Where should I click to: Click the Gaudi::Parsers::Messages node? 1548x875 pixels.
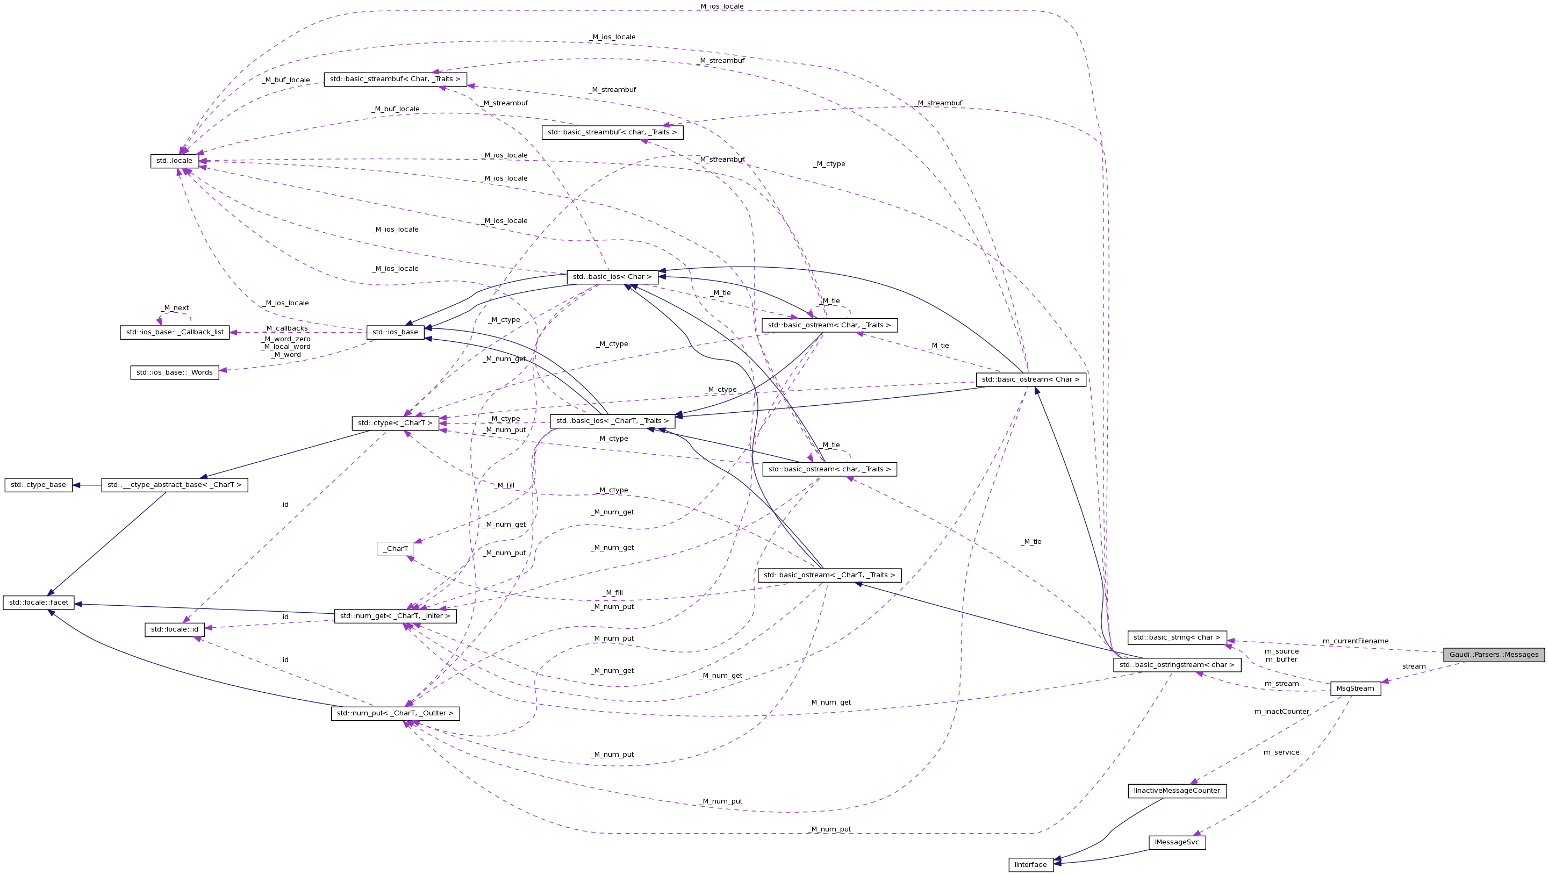[1493, 655]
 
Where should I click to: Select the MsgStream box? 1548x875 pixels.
[1355, 688]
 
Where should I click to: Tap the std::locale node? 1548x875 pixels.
[174, 161]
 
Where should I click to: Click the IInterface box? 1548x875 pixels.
[1030, 865]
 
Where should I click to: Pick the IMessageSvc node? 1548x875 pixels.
[1177, 843]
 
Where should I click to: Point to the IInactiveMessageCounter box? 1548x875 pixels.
[1177, 791]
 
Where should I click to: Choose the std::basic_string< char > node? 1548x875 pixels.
[1177, 637]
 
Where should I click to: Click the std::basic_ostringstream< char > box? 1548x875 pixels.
[1177, 665]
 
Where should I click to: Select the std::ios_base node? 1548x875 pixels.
[396, 332]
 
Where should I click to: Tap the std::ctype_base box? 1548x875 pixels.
[39, 485]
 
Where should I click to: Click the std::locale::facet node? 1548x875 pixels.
[39, 603]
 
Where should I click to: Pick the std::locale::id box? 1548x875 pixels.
[174, 630]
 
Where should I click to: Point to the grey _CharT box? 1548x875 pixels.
[396, 549]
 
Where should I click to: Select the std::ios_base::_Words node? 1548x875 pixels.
[174, 372]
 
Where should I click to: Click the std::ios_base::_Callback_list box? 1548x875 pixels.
[174, 332]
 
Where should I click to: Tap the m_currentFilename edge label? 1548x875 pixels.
[1355, 641]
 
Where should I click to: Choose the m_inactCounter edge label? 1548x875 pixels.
[1281, 712]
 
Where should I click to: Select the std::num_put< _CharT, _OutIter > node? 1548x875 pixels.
[396, 713]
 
